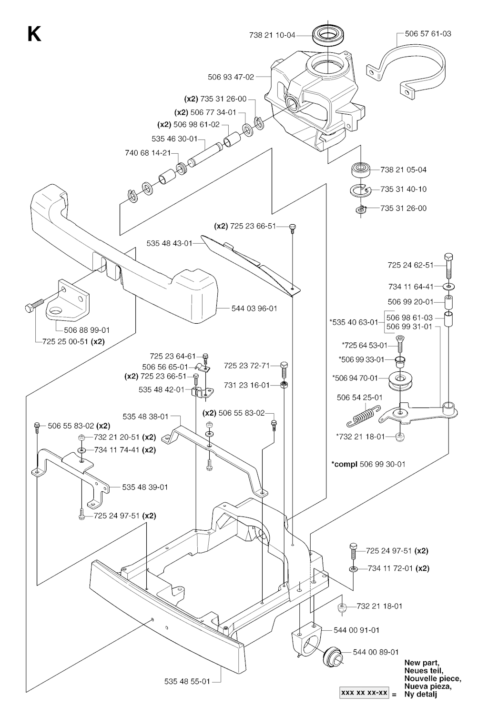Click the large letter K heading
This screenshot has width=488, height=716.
(34, 34)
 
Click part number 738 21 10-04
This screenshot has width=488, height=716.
(272, 35)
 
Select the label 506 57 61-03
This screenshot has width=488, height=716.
(428, 34)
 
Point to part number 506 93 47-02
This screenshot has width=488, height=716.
(231, 77)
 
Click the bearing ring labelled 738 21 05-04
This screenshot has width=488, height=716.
(362, 169)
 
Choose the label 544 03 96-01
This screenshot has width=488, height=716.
(254, 308)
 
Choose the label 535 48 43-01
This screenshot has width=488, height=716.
(169, 243)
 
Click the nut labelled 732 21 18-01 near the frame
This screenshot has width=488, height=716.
(341, 607)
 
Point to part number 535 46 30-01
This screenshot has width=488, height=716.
(174, 139)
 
